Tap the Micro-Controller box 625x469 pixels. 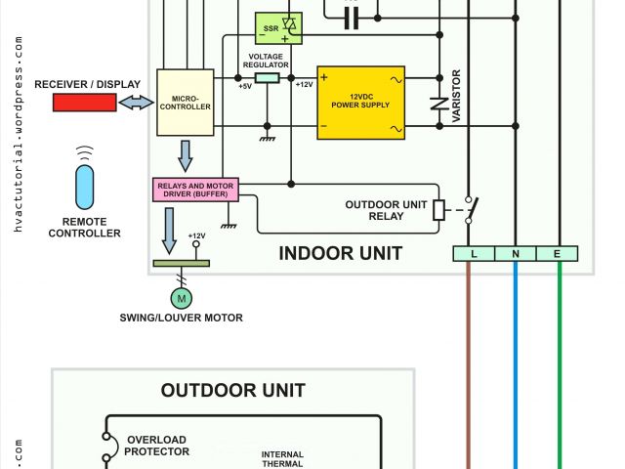coord(185,102)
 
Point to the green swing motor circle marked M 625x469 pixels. coord(182,296)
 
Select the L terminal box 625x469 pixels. coord(474,254)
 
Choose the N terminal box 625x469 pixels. coord(516,254)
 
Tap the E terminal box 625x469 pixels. coord(559,254)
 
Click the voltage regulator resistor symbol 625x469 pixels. coord(266,75)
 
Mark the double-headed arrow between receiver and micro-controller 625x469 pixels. coord(137,102)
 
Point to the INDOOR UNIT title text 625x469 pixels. coord(340,254)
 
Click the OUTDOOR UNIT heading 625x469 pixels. coord(233,391)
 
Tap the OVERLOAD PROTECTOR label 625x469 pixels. coord(156,446)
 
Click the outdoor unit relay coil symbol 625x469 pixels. coord(439,209)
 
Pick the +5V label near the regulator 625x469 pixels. coord(244,86)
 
